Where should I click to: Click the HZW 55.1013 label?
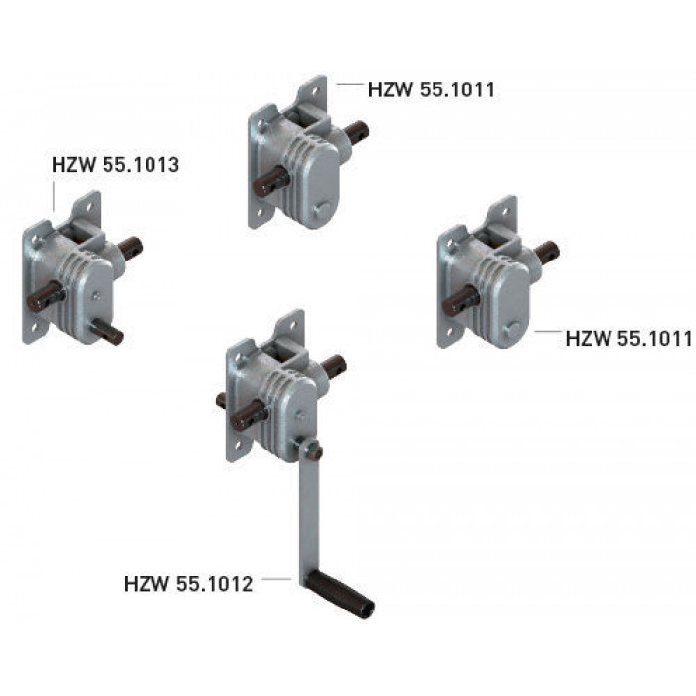pyautogui.click(x=115, y=165)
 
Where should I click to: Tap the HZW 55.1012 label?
pyautogui.click(x=188, y=584)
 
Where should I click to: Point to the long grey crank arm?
pyautogui.click(x=309, y=510)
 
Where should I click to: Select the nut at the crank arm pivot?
pyautogui.click(x=315, y=452)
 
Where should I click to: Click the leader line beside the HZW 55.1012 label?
pyautogui.click(x=276, y=579)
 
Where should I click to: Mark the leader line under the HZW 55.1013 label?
pyautogui.click(x=54, y=195)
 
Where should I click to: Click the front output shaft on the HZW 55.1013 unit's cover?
pyautogui.click(x=107, y=334)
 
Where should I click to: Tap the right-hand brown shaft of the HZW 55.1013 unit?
pyautogui.click(x=131, y=249)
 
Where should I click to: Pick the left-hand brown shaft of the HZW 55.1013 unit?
pyautogui.click(x=46, y=297)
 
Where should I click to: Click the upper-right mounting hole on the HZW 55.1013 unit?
pyautogui.click(x=88, y=207)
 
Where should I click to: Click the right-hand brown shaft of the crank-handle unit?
pyautogui.click(x=334, y=365)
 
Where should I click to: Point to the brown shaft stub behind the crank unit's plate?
pyautogui.click(x=221, y=401)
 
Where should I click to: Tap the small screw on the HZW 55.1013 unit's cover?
pyautogui.click(x=95, y=295)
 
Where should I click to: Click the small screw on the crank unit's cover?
pyautogui.click(x=300, y=416)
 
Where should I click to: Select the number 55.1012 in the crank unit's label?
pyautogui.click(x=215, y=584)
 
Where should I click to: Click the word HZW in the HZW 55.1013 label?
pyautogui.click(x=74, y=165)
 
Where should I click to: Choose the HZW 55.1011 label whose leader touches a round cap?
pyautogui.click(x=628, y=339)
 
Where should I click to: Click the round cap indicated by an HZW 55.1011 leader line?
pyautogui.click(x=512, y=330)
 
